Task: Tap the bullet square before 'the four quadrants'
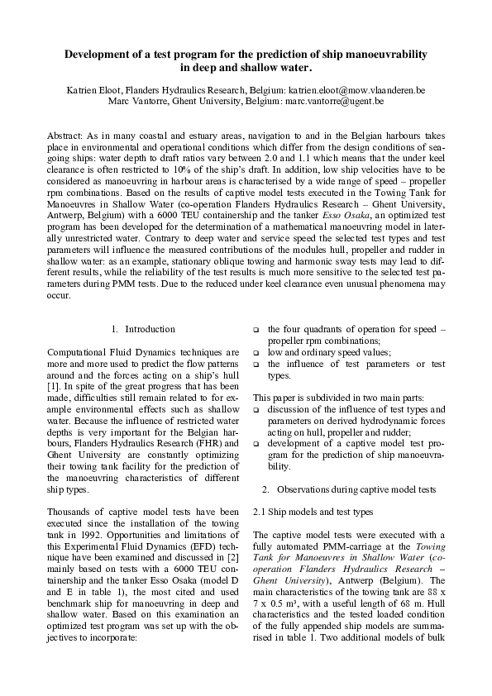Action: (256, 329)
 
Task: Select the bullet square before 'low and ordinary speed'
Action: (256, 352)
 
